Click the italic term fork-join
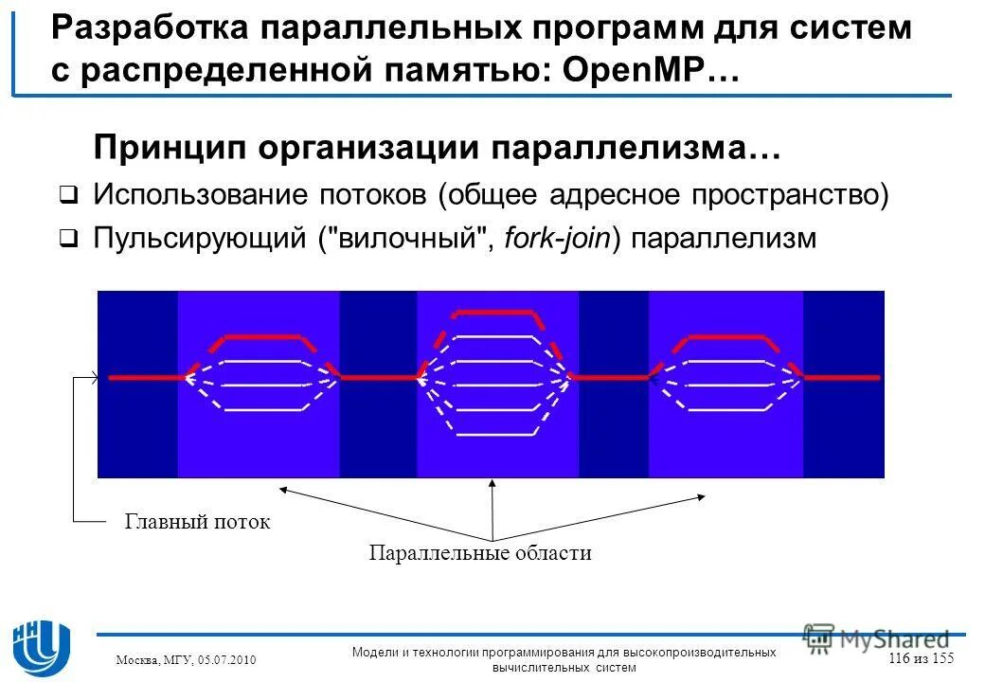coord(559,238)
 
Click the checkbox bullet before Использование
coord(68,196)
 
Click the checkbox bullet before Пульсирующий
coord(68,239)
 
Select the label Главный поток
coord(197,522)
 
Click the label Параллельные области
coord(480,553)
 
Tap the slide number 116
coord(903,658)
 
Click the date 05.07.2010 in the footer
coord(227,659)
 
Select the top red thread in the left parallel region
coord(261,336)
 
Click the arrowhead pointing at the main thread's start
coord(94,378)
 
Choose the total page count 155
coord(940,658)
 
